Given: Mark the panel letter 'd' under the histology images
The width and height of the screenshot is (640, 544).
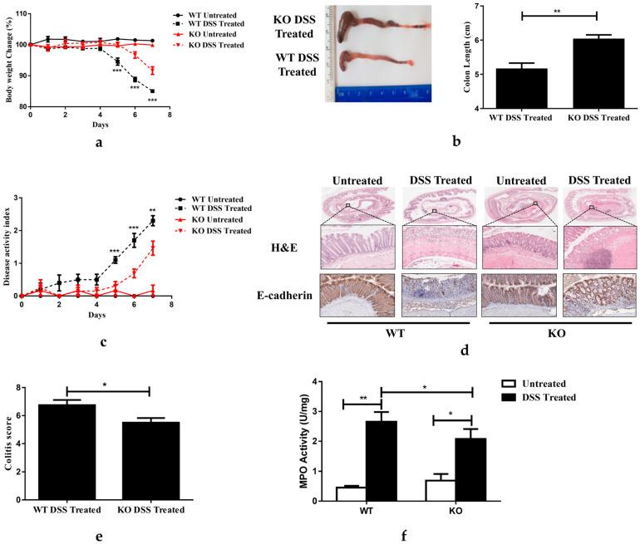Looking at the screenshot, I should [x=465, y=351].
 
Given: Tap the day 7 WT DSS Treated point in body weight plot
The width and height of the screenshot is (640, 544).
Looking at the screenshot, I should [x=152, y=91].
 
